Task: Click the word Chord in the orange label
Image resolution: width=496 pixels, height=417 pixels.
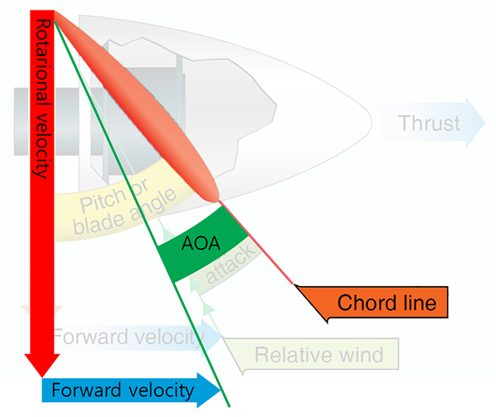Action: coord(363,303)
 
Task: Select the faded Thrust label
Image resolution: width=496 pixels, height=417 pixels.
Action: coord(428,123)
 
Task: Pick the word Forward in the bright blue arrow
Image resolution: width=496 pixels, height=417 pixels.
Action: coord(82,389)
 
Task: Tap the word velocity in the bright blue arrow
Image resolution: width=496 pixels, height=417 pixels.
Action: coord(162,389)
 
